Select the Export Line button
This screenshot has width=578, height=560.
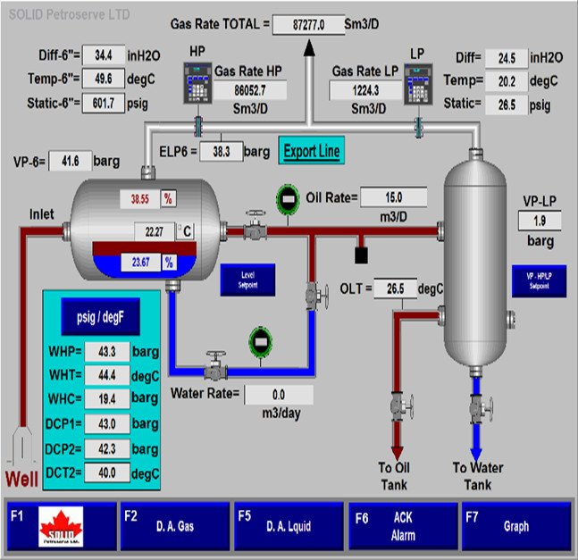[312, 150]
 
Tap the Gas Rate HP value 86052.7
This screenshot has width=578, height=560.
[250, 90]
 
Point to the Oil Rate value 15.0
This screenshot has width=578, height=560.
[394, 196]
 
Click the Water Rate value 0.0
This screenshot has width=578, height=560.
[278, 395]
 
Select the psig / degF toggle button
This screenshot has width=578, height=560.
[96, 315]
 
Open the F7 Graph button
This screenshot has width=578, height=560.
[515, 526]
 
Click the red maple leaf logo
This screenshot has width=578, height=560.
[61, 528]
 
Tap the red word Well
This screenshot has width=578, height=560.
[22, 481]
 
